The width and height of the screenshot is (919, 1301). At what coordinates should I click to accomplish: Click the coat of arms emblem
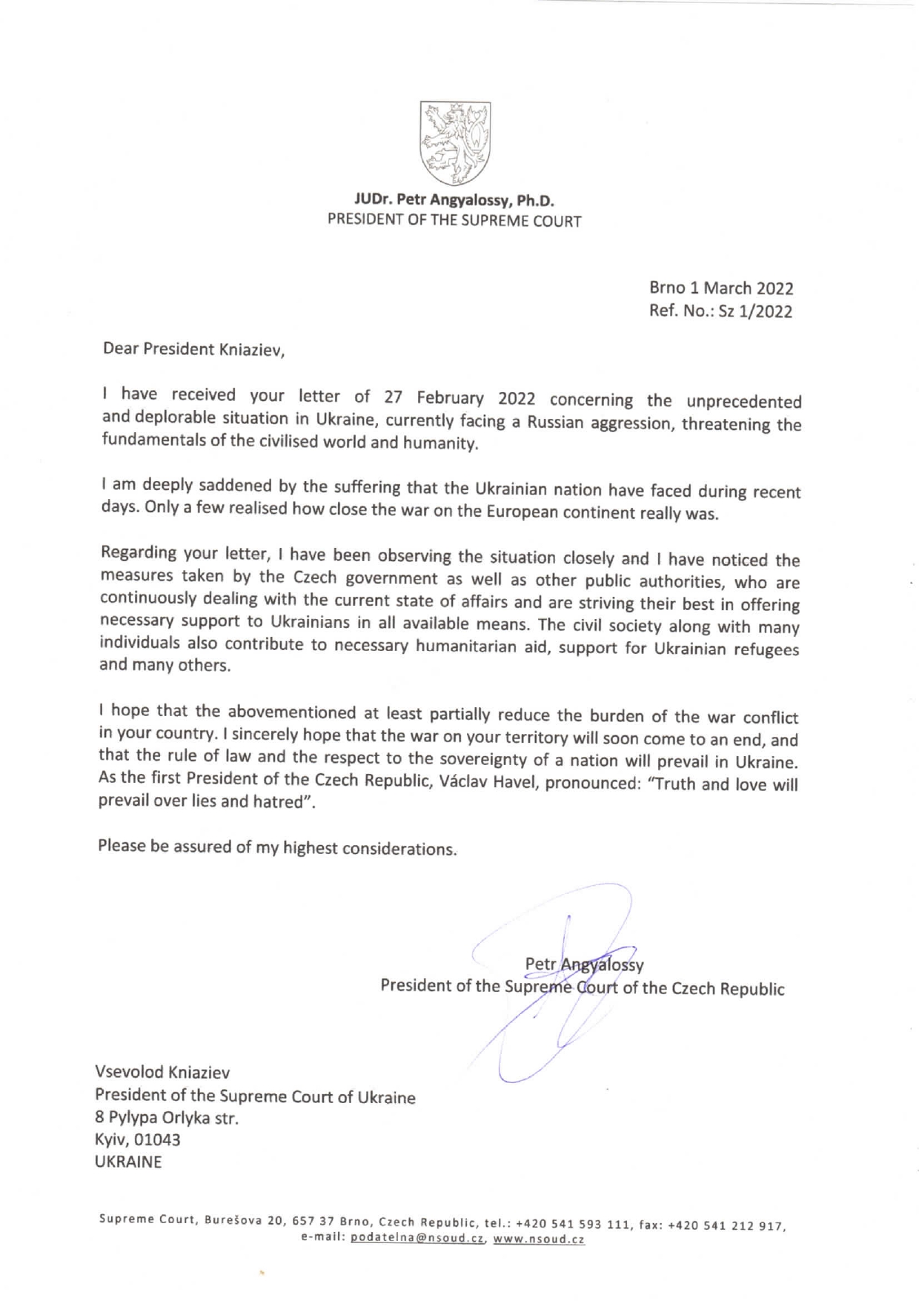click(x=455, y=143)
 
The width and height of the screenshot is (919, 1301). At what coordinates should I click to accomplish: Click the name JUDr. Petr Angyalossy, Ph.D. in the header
click(x=455, y=199)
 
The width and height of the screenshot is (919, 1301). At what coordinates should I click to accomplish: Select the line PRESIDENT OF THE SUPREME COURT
click(x=455, y=220)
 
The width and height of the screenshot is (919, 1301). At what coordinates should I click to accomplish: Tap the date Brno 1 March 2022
click(x=721, y=288)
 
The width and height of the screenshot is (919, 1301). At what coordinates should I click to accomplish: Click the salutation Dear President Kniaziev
click(x=194, y=349)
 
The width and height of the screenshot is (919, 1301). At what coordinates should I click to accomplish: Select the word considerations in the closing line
click(x=400, y=849)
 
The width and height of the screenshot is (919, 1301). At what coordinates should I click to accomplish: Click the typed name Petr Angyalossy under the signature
click(x=584, y=964)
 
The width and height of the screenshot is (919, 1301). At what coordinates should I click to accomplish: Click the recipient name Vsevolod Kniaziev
click(x=162, y=1072)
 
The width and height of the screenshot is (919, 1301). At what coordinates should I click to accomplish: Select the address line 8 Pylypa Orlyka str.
click(x=167, y=1117)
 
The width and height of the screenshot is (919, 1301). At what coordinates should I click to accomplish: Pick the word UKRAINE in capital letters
click(x=128, y=1162)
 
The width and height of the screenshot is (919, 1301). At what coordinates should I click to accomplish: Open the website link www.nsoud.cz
click(x=539, y=1239)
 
